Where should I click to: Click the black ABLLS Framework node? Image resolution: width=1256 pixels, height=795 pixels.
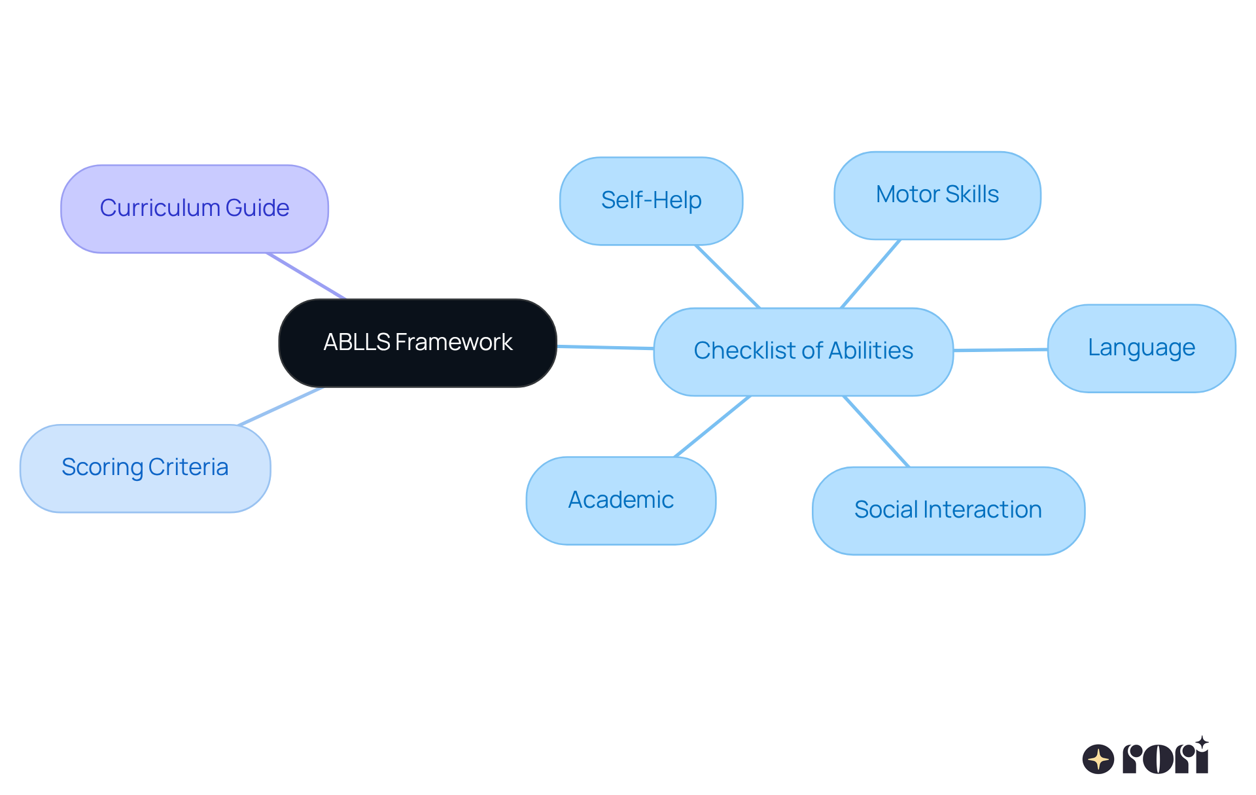click(417, 343)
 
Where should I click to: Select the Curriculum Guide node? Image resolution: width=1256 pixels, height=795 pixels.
click(194, 209)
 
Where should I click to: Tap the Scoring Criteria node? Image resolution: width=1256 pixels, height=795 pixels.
click(145, 468)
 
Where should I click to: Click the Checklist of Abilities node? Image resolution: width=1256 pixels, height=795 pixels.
click(803, 351)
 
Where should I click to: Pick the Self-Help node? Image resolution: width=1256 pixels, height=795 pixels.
click(651, 201)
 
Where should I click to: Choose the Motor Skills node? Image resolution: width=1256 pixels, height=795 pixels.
click(937, 195)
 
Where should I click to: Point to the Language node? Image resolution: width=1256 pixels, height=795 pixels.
click(1141, 348)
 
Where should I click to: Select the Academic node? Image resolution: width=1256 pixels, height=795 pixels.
click(620, 501)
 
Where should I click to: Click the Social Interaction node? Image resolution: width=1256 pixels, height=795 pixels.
click(948, 510)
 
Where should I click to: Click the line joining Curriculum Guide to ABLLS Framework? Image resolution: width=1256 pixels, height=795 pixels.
click(305, 275)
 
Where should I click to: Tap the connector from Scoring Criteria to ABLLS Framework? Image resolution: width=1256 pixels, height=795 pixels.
click(281, 406)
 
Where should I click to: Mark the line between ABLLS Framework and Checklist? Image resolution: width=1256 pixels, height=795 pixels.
click(605, 347)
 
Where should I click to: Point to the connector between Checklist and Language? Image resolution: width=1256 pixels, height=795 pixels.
click(1001, 350)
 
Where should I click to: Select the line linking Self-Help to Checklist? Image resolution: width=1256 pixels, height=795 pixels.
click(727, 276)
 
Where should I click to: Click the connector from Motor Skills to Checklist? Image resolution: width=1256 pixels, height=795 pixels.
click(871, 274)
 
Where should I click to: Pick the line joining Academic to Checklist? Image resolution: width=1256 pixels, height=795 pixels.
click(712, 426)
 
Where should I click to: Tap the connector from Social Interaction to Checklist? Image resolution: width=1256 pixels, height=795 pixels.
click(877, 431)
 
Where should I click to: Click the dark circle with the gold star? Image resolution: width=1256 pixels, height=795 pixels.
click(1098, 759)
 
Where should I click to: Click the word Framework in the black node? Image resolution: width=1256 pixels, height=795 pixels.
click(453, 342)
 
